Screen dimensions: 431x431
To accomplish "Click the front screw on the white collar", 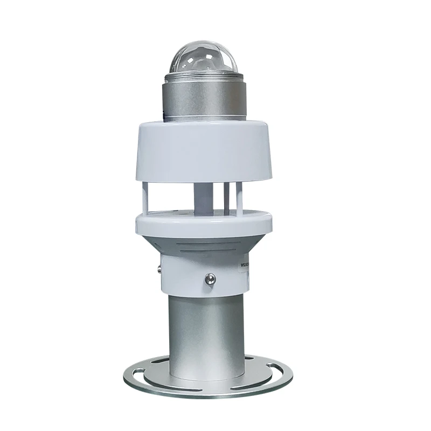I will [210, 279].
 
